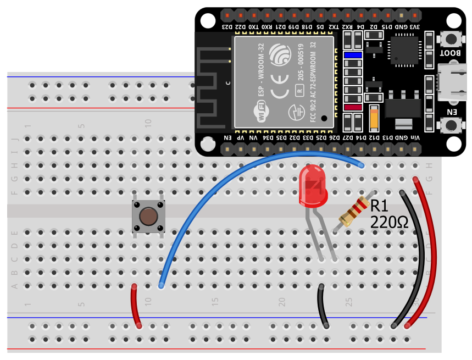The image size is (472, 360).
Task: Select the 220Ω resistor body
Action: (x=354, y=212)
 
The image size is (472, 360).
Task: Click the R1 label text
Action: (x=379, y=206)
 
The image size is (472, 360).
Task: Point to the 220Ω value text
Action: (x=389, y=223)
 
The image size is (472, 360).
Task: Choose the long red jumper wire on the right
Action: (x=431, y=247)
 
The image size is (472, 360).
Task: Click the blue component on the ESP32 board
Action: (x=352, y=55)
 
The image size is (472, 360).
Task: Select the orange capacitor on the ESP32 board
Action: (x=374, y=117)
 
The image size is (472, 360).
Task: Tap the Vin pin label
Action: (x=415, y=137)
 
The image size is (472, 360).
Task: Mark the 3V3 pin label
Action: (x=415, y=26)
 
